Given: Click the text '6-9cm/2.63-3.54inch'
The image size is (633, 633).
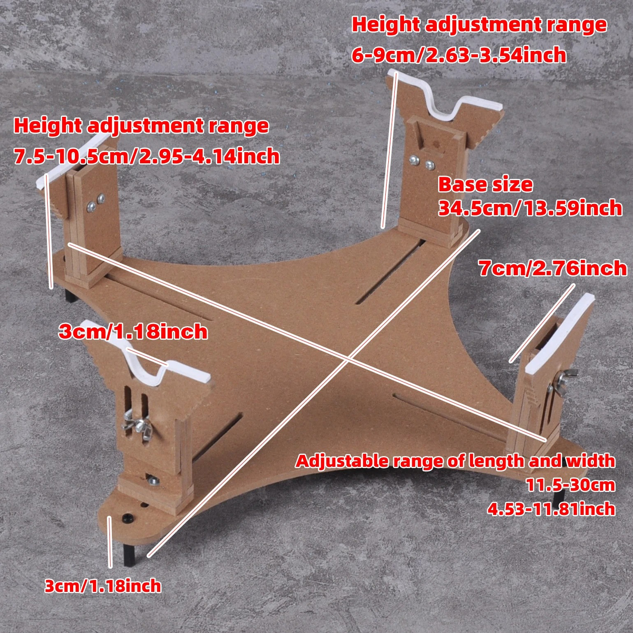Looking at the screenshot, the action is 459,55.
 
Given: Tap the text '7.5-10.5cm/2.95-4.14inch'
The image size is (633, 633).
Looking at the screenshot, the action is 147,156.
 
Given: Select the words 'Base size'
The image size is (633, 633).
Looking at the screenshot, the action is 485,184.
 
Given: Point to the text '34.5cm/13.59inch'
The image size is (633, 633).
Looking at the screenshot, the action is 530,208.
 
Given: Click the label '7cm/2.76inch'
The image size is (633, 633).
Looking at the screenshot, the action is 553,269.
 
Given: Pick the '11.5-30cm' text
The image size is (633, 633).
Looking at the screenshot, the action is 571,485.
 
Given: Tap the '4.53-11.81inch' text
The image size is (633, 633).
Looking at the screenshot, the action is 551,509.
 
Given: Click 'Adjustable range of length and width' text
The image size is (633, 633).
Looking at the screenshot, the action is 455,461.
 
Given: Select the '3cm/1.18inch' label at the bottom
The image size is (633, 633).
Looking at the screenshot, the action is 103,586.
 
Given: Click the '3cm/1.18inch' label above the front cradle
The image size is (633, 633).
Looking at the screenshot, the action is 133,332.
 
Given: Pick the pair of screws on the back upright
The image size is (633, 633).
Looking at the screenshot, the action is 422,162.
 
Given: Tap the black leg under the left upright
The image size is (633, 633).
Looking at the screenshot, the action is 70,295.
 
